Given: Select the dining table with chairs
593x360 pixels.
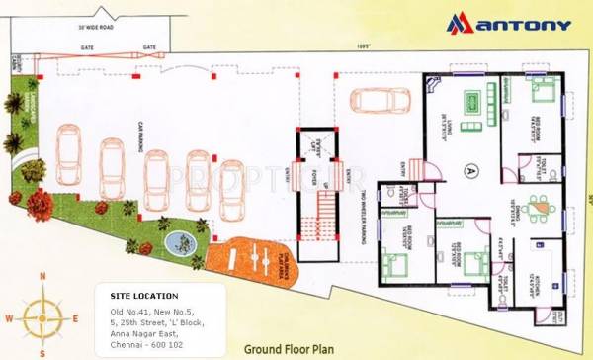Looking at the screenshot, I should (539, 205).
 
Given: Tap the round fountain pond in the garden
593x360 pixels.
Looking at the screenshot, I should (180, 240).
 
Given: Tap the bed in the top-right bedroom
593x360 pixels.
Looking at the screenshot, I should (543, 96).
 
